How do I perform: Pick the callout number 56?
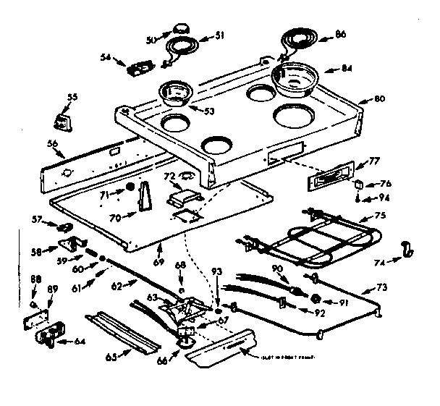(51, 144)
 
